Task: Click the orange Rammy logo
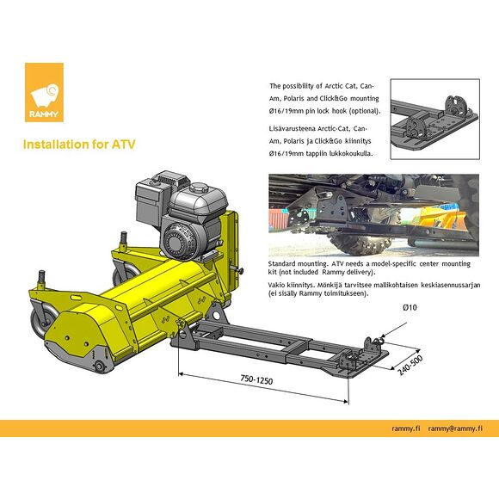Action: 44,92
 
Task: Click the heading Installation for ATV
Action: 79,145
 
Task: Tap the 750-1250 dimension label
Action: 256,379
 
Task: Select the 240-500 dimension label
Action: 410,365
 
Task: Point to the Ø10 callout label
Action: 410,307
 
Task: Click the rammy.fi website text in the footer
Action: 406,428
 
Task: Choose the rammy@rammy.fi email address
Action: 455,428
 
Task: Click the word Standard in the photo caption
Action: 281,264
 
